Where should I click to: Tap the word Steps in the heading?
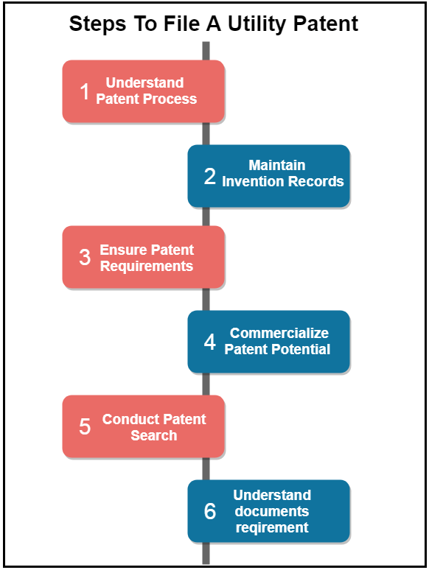click(97, 25)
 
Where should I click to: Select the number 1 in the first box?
click(85, 91)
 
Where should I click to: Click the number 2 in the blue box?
click(210, 176)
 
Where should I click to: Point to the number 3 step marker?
click(85, 257)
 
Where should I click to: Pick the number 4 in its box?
click(210, 342)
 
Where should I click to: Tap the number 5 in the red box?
click(85, 426)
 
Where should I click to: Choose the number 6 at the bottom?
click(210, 511)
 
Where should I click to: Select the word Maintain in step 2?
click(277, 166)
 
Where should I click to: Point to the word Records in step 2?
click(317, 181)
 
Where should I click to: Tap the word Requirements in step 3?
click(147, 267)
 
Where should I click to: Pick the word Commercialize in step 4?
click(279, 333)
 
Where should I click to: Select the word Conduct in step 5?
click(128, 420)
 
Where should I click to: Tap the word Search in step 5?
click(154, 435)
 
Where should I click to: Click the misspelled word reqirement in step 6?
click(272, 528)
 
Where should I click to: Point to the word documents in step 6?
click(272, 512)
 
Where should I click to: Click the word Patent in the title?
click(326, 25)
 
